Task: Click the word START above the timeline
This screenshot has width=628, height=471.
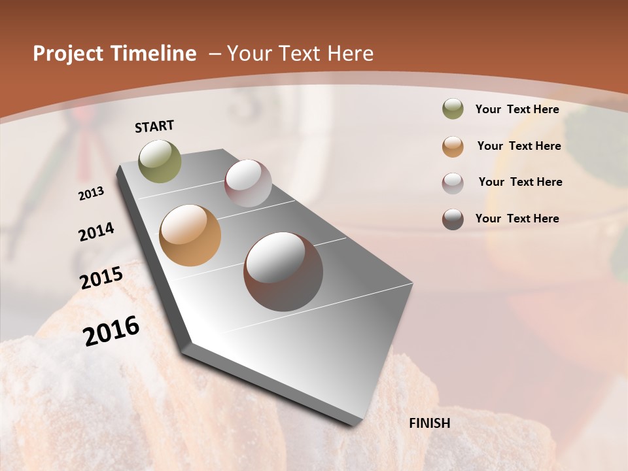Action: click(154, 126)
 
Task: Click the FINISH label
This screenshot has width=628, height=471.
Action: click(429, 423)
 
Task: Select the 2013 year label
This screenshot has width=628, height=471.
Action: click(92, 193)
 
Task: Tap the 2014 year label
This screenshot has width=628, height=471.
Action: click(96, 232)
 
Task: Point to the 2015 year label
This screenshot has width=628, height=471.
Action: click(101, 278)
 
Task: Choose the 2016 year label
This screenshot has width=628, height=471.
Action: click(111, 330)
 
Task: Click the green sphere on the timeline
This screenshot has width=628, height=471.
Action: click(160, 161)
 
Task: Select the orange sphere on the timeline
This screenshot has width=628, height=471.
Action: click(190, 235)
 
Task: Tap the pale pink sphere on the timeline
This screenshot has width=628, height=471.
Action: click(248, 183)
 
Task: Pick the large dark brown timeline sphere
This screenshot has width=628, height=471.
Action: click(283, 271)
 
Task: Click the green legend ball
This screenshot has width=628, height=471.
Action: click(453, 109)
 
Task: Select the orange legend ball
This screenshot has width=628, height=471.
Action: click(453, 147)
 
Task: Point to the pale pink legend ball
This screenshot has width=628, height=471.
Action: click(453, 183)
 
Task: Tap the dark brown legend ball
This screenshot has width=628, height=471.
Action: click(453, 219)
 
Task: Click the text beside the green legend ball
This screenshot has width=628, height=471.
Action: click(517, 109)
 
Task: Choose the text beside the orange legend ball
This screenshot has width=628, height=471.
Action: click(519, 146)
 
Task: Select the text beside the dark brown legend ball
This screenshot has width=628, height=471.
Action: click(517, 218)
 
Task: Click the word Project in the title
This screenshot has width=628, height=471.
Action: click(67, 54)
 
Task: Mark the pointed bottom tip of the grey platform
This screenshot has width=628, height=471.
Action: click(354, 425)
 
